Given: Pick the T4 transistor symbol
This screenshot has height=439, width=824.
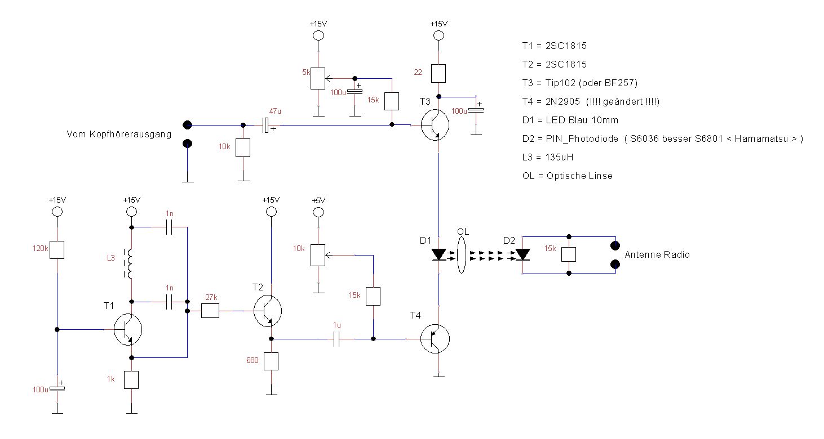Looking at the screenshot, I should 436,339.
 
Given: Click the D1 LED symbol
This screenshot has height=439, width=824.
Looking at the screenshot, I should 439,254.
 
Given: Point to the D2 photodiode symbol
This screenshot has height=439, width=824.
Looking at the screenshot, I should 523,254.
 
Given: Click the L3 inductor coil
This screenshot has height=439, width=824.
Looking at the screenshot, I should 130,264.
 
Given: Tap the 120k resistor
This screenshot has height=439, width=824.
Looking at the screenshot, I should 56,249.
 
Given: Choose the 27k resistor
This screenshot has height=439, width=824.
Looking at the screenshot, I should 210,311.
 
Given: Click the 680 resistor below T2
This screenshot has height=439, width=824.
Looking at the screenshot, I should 272,361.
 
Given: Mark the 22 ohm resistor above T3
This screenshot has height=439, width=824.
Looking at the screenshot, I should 438,73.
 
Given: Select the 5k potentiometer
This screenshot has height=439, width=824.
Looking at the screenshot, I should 318,79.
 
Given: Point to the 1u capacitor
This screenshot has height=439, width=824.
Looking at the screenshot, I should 336,339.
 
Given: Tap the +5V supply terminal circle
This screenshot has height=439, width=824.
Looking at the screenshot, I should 318,212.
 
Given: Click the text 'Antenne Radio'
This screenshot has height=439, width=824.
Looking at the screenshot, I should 657,254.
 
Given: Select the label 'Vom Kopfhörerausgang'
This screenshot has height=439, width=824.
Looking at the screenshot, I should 119,134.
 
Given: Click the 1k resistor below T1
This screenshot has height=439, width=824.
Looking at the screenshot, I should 131,380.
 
